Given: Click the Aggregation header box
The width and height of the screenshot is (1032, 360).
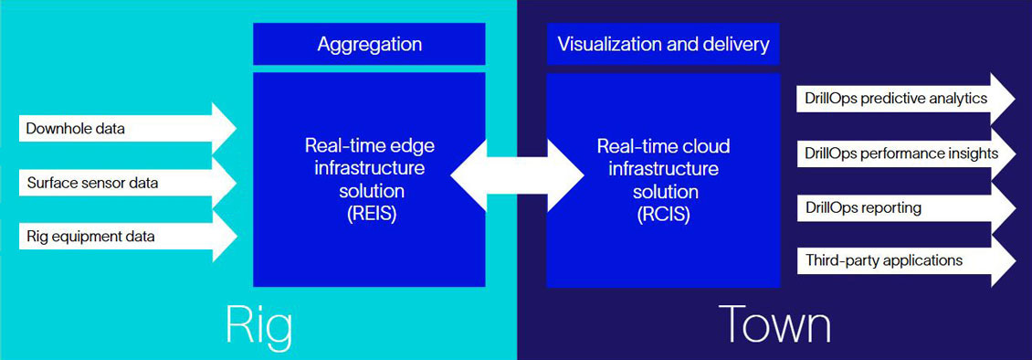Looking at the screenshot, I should (x=369, y=44).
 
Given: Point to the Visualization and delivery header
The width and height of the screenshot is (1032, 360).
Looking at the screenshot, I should (x=664, y=44).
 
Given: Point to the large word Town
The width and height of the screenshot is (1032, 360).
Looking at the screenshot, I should (x=774, y=324).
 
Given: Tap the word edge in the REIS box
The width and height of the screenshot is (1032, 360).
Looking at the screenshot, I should (x=414, y=146).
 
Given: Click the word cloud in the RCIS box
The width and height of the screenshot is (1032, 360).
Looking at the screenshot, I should (x=708, y=146).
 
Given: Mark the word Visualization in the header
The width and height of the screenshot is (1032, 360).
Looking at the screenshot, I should (x=604, y=44).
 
